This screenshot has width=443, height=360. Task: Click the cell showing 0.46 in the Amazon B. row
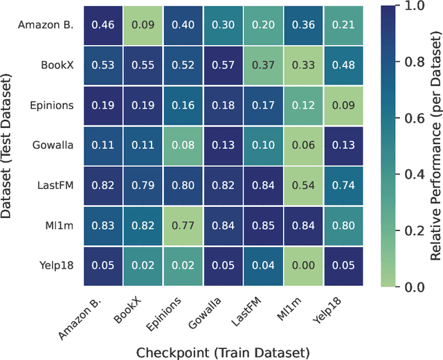tap(103, 25)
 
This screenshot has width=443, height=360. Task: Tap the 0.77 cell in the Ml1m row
tap(184, 226)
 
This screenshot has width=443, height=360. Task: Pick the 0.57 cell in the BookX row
tap(224, 65)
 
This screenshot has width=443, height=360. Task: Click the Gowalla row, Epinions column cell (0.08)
tap(184, 145)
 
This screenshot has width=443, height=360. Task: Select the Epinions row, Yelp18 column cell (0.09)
tap(346, 105)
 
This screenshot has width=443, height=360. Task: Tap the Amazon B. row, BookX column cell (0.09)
tap(143, 25)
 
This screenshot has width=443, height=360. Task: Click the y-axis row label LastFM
tap(55, 186)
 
